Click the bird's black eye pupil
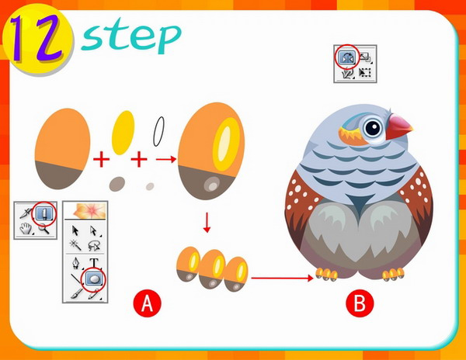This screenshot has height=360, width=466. pos(373,128)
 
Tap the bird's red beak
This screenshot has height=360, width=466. pos(398,126)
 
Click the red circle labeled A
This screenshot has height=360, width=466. pos(147,303)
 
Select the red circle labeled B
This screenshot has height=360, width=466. pos(360,303)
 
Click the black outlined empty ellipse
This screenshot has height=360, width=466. pos(158,131)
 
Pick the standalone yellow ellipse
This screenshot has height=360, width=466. pos(123,133)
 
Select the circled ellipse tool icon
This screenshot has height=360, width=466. pos(95,279)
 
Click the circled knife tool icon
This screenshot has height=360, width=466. pos(44,213)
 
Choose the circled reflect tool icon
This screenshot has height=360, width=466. pos(347,57)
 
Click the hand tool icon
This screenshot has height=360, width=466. pos(26,229)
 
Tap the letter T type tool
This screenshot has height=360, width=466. pos(94,262)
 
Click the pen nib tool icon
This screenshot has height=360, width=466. pos(76,263)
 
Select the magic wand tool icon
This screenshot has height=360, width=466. pos(75,245)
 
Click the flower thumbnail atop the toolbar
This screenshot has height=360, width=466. pos(85,210)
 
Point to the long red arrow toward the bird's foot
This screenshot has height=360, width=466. pos(283,278)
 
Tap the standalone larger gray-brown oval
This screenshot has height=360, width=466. pos(117,184)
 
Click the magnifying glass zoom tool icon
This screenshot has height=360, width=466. pos(43,229)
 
